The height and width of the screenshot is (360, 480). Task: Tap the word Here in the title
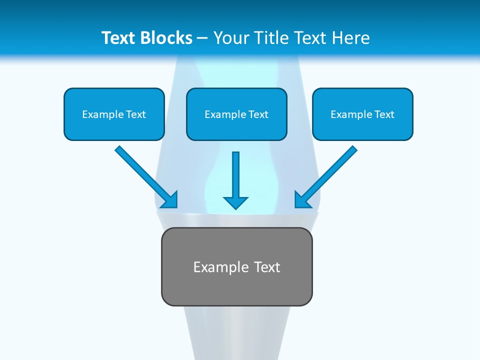click(x=351, y=38)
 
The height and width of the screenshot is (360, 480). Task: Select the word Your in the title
click(x=229, y=38)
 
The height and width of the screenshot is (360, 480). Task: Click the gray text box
click(x=236, y=287)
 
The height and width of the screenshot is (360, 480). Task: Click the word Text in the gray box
click(x=267, y=267)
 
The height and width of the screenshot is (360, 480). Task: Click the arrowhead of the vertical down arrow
click(x=236, y=202)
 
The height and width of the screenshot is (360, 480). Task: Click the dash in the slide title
click(x=202, y=38)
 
